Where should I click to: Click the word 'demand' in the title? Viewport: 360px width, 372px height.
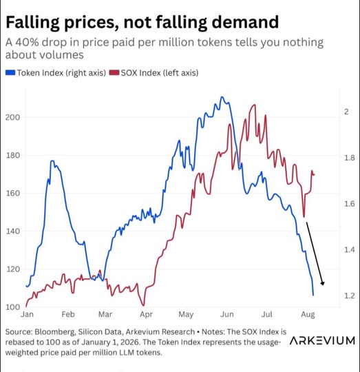tap(245, 22)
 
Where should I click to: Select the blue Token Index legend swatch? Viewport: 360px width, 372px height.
tap(10, 72)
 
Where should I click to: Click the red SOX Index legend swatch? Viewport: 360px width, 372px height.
tap(114, 72)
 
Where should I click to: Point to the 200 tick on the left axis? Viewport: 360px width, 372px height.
tap(12, 117)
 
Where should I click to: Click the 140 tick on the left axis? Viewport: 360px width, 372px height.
tap(12, 231)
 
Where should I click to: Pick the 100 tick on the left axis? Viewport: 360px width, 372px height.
tap(12, 307)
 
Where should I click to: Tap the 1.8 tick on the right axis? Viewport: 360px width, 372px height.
tap(350, 158)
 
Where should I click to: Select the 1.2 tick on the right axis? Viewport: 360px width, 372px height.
tap(350, 296)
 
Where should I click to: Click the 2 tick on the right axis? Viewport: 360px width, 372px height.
tap(346, 112)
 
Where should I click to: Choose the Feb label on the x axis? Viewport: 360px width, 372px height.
tap(68, 314)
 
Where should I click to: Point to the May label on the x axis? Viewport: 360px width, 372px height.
tap(186, 315)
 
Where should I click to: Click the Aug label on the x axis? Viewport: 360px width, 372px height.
tap(308, 315)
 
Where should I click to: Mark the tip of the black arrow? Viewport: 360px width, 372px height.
tap(323, 285)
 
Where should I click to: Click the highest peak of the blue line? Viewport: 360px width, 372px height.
tap(222, 97)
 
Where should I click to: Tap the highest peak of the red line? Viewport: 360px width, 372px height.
tap(255, 105)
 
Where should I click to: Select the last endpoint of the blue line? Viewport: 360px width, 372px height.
tap(313, 296)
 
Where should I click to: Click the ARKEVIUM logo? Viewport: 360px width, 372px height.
tap(322, 341)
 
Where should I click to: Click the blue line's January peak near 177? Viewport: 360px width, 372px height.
tap(52, 161)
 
